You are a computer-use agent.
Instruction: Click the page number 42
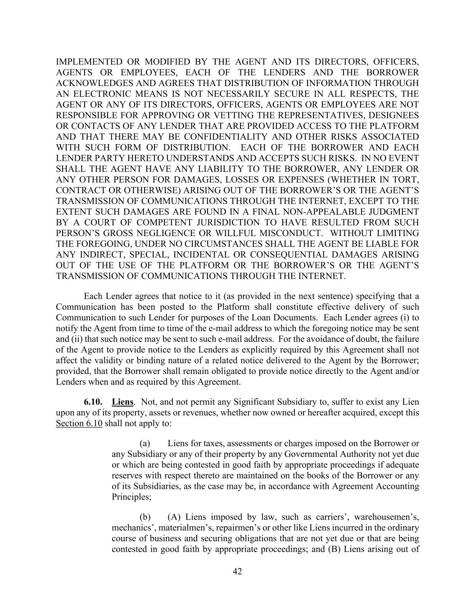tap(237, 572)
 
